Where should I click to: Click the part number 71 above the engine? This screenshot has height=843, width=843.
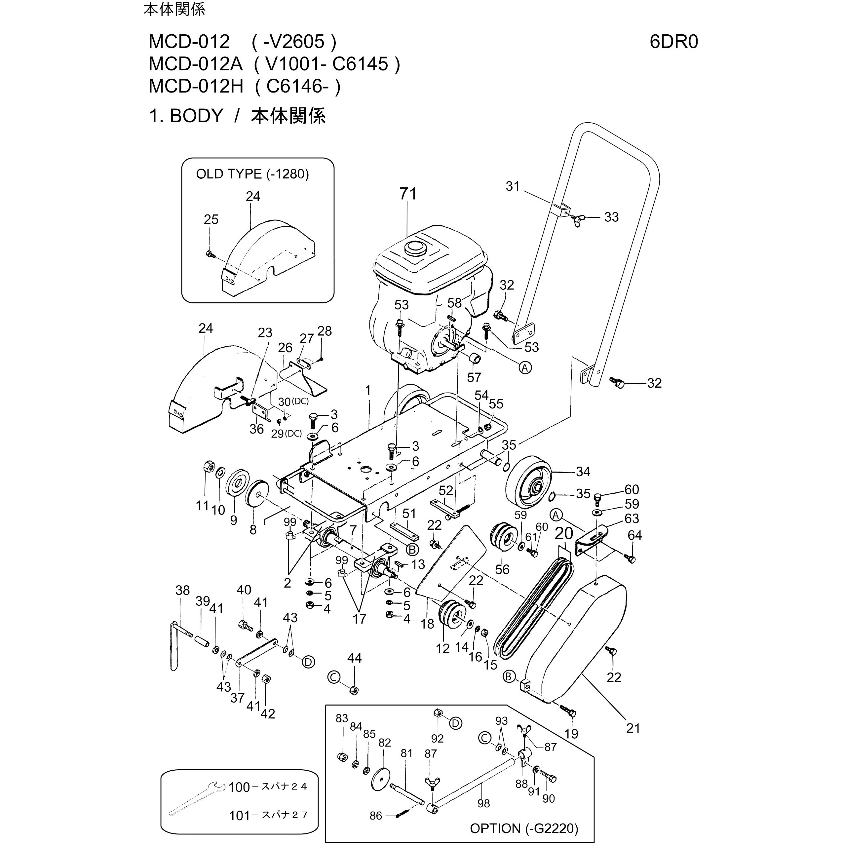point(408,194)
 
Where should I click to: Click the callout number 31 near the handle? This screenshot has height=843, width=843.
point(513,186)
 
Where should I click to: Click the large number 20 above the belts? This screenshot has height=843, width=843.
point(564,533)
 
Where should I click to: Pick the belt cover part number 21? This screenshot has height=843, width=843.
point(633,728)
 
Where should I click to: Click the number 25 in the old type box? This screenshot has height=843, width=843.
point(211,219)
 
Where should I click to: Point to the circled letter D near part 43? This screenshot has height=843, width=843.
point(308,662)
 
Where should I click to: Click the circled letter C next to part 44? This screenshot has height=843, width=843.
point(333,677)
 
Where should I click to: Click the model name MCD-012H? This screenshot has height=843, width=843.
point(196,86)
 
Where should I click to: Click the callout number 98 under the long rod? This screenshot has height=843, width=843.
point(483,803)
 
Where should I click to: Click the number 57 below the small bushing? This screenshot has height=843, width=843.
point(474,377)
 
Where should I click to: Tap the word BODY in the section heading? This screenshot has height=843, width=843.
point(196,116)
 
